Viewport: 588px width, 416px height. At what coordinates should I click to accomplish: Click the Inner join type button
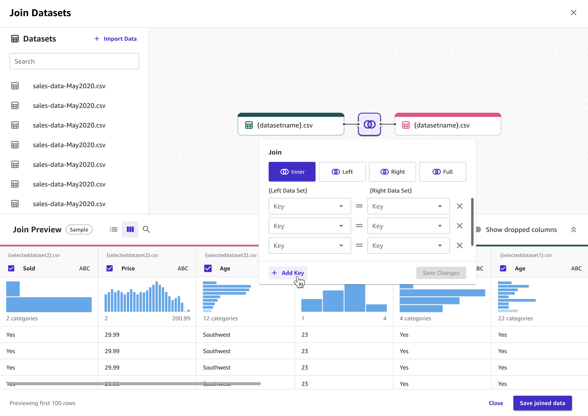[292, 172]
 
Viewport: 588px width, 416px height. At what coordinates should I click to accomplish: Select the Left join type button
[342, 172]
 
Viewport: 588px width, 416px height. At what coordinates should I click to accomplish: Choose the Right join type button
[392, 172]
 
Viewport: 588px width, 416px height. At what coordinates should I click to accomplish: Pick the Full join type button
[443, 172]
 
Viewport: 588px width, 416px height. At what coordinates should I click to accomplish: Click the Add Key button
[288, 273]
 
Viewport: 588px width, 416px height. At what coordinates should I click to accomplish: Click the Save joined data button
[542, 403]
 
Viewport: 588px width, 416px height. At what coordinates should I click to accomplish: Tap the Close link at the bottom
[496, 403]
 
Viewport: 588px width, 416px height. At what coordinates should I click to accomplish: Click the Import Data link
[115, 39]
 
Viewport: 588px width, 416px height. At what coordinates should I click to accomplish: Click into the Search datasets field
[74, 61]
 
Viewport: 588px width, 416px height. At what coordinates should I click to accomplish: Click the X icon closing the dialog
[573, 13]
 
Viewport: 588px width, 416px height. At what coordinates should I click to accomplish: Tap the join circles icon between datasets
[369, 124]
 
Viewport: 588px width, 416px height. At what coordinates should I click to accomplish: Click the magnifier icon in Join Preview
[146, 229]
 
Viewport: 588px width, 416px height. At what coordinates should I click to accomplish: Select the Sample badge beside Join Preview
[79, 230]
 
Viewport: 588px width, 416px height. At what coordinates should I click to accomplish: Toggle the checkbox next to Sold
[11, 268]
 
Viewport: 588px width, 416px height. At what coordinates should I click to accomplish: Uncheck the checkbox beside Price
[110, 268]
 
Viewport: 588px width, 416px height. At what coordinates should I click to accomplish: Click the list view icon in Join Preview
[113, 229]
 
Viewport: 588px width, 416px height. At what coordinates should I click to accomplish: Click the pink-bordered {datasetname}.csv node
[448, 125]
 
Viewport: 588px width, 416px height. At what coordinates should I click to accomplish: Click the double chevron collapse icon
[573, 230]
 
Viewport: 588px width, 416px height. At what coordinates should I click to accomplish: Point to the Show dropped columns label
[521, 230]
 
